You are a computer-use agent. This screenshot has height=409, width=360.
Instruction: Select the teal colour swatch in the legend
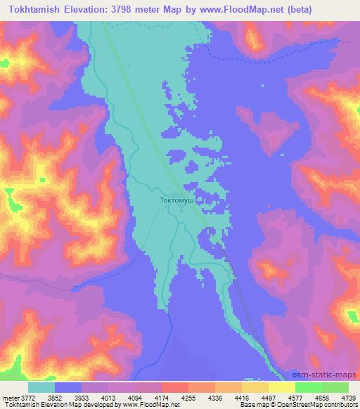click(42, 387)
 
